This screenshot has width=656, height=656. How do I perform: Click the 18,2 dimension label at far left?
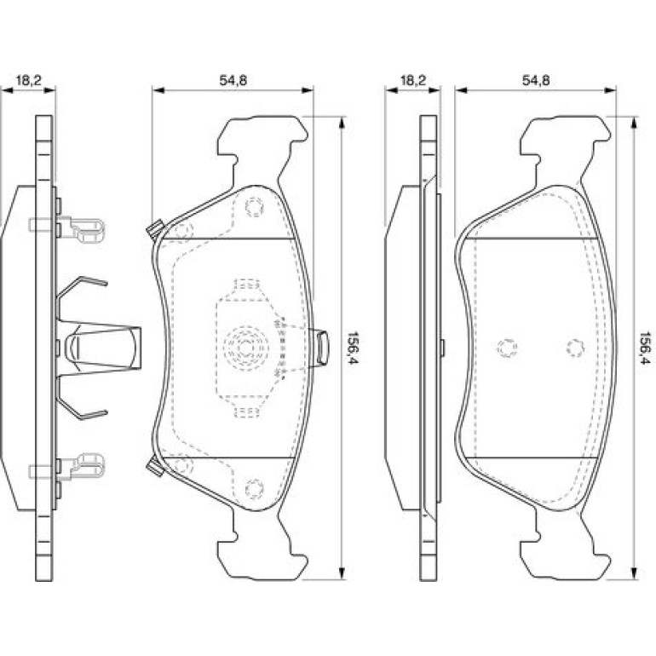[x=28, y=80]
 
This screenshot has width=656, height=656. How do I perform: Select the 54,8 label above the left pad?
[x=233, y=80]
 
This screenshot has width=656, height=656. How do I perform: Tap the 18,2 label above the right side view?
[x=413, y=80]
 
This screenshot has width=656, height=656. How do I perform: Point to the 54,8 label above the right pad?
[x=536, y=80]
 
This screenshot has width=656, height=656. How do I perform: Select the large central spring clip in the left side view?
[x=98, y=347]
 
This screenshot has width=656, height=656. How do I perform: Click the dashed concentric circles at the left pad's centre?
[x=245, y=347]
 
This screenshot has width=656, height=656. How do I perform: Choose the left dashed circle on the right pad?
[x=507, y=348]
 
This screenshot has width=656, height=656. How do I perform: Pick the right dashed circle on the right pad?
[x=576, y=348]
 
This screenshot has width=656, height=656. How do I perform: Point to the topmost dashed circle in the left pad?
[x=254, y=207]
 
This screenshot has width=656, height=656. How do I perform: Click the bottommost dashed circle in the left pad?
[x=254, y=489]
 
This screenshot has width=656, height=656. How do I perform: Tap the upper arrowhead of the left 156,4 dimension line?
[x=342, y=122]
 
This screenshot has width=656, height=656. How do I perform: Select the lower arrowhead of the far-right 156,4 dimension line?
[x=634, y=573]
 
